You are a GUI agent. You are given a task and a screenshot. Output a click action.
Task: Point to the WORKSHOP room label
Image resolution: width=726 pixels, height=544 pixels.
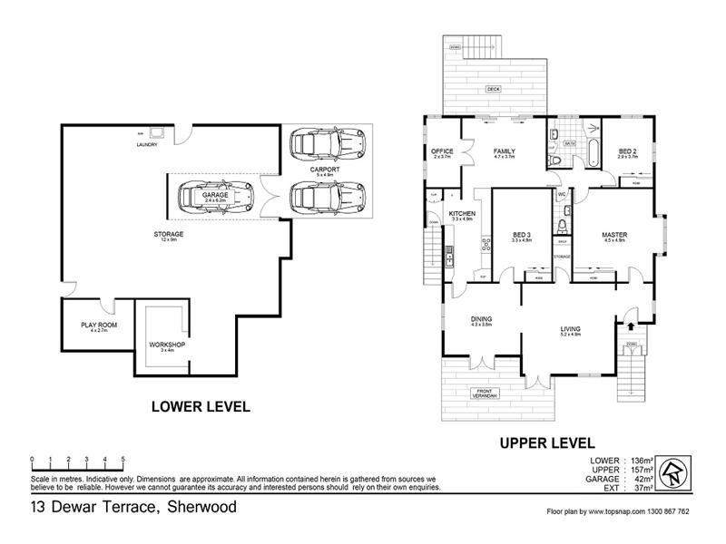click(167, 345)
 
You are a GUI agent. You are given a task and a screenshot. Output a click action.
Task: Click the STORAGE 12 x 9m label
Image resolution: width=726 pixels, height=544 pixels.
click(169, 235)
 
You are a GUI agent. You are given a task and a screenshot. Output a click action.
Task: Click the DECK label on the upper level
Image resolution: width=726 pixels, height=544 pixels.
click(493, 90)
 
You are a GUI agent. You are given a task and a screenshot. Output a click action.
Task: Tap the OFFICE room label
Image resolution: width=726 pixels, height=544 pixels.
click(443, 151)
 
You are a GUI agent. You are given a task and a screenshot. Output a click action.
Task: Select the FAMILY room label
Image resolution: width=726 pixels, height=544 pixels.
click(504, 151)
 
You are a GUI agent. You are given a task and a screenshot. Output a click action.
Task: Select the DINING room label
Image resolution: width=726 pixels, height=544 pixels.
click(481, 319)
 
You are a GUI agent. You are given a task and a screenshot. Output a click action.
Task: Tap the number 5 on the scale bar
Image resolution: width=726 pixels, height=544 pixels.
click(123, 459)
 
